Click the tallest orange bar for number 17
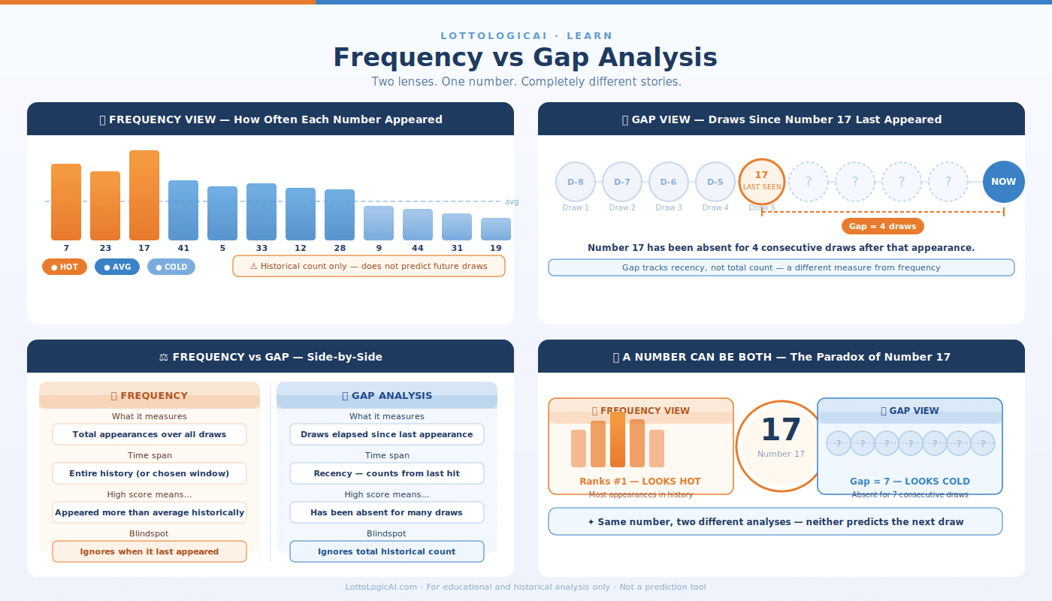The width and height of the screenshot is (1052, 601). click(144, 195)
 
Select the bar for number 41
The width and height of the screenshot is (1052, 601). click(183, 210)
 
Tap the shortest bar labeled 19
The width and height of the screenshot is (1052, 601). click(496, 229)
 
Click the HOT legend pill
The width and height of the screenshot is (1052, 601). click(65, 267)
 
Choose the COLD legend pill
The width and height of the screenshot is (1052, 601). click(171, 267)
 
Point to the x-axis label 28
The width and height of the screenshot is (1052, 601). click(340, 248)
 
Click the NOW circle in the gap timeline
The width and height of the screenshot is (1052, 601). click(1003, 182)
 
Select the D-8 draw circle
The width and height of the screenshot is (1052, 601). click(576, 182)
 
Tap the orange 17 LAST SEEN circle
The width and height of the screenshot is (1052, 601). click(762, 181)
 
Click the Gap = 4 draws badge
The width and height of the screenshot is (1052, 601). click(882, 226)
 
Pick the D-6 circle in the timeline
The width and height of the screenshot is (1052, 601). click(669, 182)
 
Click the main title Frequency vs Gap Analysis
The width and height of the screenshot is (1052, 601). click(525, 57)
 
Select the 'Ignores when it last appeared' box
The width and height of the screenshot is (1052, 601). click(150, 551)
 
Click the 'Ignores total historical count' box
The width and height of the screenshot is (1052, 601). click(387, 551)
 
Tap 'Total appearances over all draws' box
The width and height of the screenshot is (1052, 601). click(150, 434)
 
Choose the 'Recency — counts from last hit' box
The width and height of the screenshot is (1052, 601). click(387, 473)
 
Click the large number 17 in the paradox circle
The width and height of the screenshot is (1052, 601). click(781, 430)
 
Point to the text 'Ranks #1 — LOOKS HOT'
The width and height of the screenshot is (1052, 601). click(640, 482)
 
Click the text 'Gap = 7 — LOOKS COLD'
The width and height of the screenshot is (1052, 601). click(910, 482)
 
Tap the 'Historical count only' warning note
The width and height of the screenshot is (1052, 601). click(369, 266)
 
